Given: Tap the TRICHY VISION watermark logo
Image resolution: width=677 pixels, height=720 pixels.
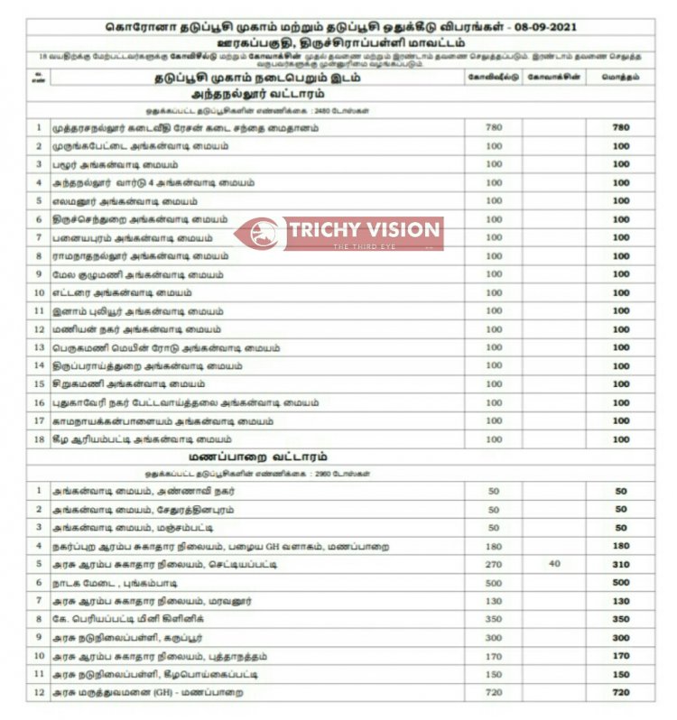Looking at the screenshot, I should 338,233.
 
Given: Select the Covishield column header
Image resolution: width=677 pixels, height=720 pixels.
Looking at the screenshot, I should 493,78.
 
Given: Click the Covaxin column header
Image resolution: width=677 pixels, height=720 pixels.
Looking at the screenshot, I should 553,78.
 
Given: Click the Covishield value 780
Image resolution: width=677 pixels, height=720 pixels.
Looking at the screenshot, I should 493,127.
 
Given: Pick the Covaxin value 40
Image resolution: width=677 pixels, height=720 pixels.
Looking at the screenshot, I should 553,564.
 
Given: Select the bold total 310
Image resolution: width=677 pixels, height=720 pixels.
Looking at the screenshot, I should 621,564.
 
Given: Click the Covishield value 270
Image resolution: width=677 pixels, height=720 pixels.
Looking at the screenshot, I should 493,564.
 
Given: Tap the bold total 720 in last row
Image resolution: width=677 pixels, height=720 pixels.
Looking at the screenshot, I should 621,692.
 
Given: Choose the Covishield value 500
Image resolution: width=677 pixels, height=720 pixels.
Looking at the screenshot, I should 493,583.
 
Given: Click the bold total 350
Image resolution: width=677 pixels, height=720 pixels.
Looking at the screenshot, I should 621,619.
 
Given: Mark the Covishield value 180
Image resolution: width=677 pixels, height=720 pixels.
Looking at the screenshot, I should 493,546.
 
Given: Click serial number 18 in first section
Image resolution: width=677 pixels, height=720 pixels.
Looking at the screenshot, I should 39,439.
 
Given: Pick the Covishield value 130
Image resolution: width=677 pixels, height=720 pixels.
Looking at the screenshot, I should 493,601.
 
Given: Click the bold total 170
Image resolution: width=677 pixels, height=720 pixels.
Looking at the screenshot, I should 621,656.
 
